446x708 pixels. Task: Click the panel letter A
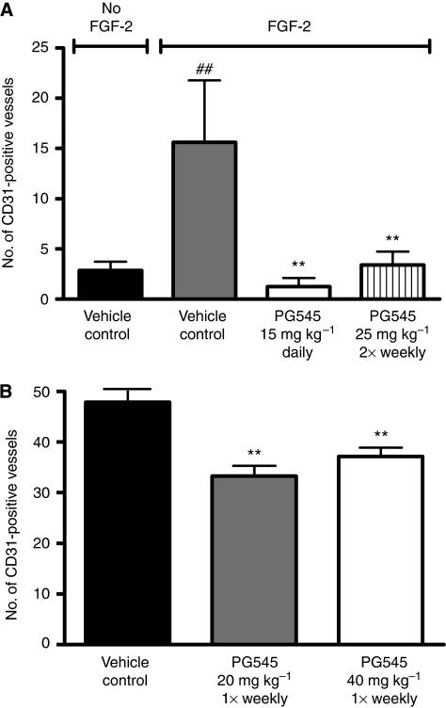[x=8, y=8]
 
